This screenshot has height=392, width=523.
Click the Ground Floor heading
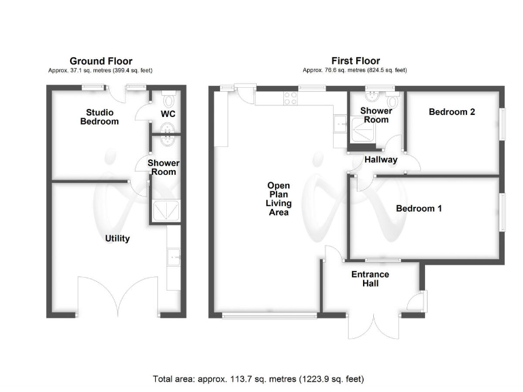(x=101, y=61)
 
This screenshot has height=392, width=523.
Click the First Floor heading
(x=355, y=61)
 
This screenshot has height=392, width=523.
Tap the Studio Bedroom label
(x=99, y=117)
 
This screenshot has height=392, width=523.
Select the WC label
(x=168, y=114)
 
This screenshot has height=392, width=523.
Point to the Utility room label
(x=117, y=239)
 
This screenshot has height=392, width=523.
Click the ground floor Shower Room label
(x=163, y=167)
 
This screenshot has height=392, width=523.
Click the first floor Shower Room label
(x=376, y=115)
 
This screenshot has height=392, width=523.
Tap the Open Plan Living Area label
(x=279, y=199)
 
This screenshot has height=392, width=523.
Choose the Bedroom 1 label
(x=419, y=208)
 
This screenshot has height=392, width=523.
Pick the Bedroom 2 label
(x=451, y=112)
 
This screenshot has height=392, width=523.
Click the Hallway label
(x=381, y=160)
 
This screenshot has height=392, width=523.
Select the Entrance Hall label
(x=370, y=279)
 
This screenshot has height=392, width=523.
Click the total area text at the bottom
(x=262, y=378)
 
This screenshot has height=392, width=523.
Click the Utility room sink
(x=173, y=257)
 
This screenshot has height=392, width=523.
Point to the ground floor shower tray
(x=163, y=212)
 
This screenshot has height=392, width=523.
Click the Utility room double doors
(x=118, y=297)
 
